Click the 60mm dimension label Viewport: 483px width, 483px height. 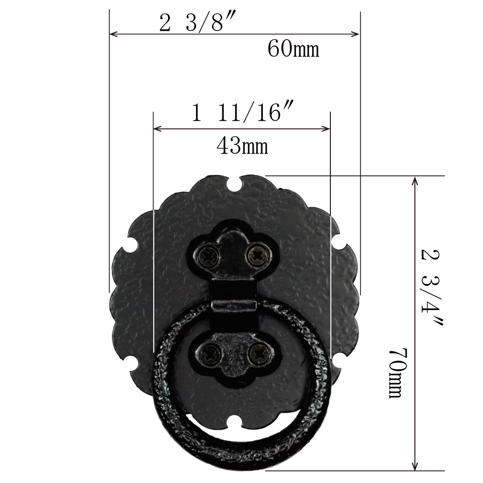[x=293, y=49]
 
